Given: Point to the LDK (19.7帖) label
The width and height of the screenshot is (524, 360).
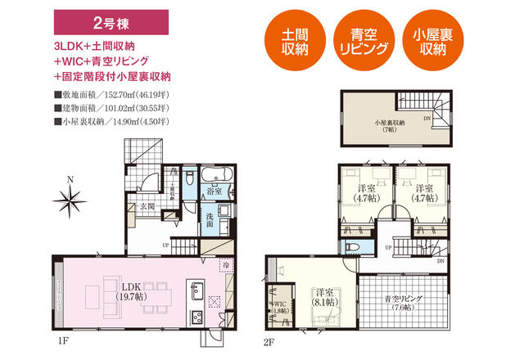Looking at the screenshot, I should point(130,292).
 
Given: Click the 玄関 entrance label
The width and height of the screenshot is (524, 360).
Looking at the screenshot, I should point(147,206).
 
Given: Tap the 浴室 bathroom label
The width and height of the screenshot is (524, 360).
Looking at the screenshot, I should point(215,191).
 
